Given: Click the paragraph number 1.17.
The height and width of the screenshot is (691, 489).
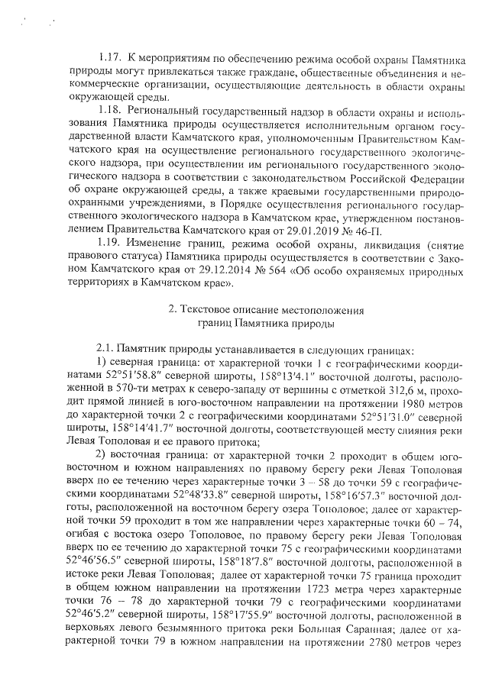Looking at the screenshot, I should (111, 58).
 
